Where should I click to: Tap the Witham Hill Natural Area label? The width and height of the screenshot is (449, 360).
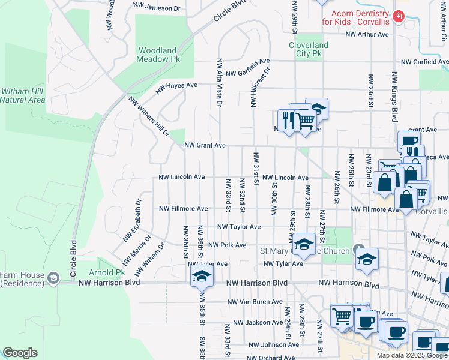[22, 95]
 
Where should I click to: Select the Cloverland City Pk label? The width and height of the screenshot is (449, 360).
[309, 49]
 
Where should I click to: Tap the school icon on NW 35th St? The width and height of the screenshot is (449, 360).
[202, 277]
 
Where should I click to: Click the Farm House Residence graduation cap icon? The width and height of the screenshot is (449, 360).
[53, 277]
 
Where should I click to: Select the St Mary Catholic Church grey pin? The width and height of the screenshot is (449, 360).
[359, 248]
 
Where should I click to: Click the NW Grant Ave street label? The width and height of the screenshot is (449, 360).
[205, 145]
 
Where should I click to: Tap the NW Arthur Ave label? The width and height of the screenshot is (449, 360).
[367, 35]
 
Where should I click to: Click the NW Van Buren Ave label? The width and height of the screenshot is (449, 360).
[255, 302]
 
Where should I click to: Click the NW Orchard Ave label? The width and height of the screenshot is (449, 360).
[267, 358]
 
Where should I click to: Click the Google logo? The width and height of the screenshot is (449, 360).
[20, 352]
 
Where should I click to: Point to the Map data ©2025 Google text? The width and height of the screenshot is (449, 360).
[412, 355]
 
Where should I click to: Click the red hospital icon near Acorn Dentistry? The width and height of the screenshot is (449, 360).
[399, 17]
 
